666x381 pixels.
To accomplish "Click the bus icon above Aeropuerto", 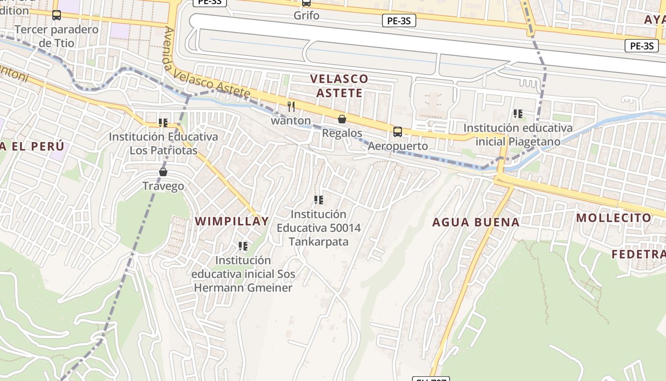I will point(398,132).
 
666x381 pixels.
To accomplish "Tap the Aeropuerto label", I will point(398,146).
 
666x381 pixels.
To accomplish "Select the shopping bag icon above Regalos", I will point(342,119).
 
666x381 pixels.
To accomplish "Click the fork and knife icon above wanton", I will point(291,107).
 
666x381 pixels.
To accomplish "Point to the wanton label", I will point(291,121).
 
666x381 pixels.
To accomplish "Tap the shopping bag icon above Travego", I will point(163,172).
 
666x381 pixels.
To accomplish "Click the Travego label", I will point(163,186).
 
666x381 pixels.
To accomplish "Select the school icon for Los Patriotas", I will point(163,123).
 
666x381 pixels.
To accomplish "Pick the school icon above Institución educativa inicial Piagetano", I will point(518,114).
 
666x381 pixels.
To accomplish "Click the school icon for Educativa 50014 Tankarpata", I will point(319,200).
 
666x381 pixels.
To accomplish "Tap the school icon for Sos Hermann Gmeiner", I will point(243,246).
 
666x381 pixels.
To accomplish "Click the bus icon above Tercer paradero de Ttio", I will point(57,15).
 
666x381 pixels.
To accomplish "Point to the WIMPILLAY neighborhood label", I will point(232,221).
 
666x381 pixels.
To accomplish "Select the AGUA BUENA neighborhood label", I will point(476,222).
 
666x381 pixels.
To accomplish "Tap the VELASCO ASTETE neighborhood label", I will point(339,86).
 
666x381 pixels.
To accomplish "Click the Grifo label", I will point(306,15).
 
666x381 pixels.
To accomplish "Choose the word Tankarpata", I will point(318,242).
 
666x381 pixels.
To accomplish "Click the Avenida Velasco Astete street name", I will point(207,64).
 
